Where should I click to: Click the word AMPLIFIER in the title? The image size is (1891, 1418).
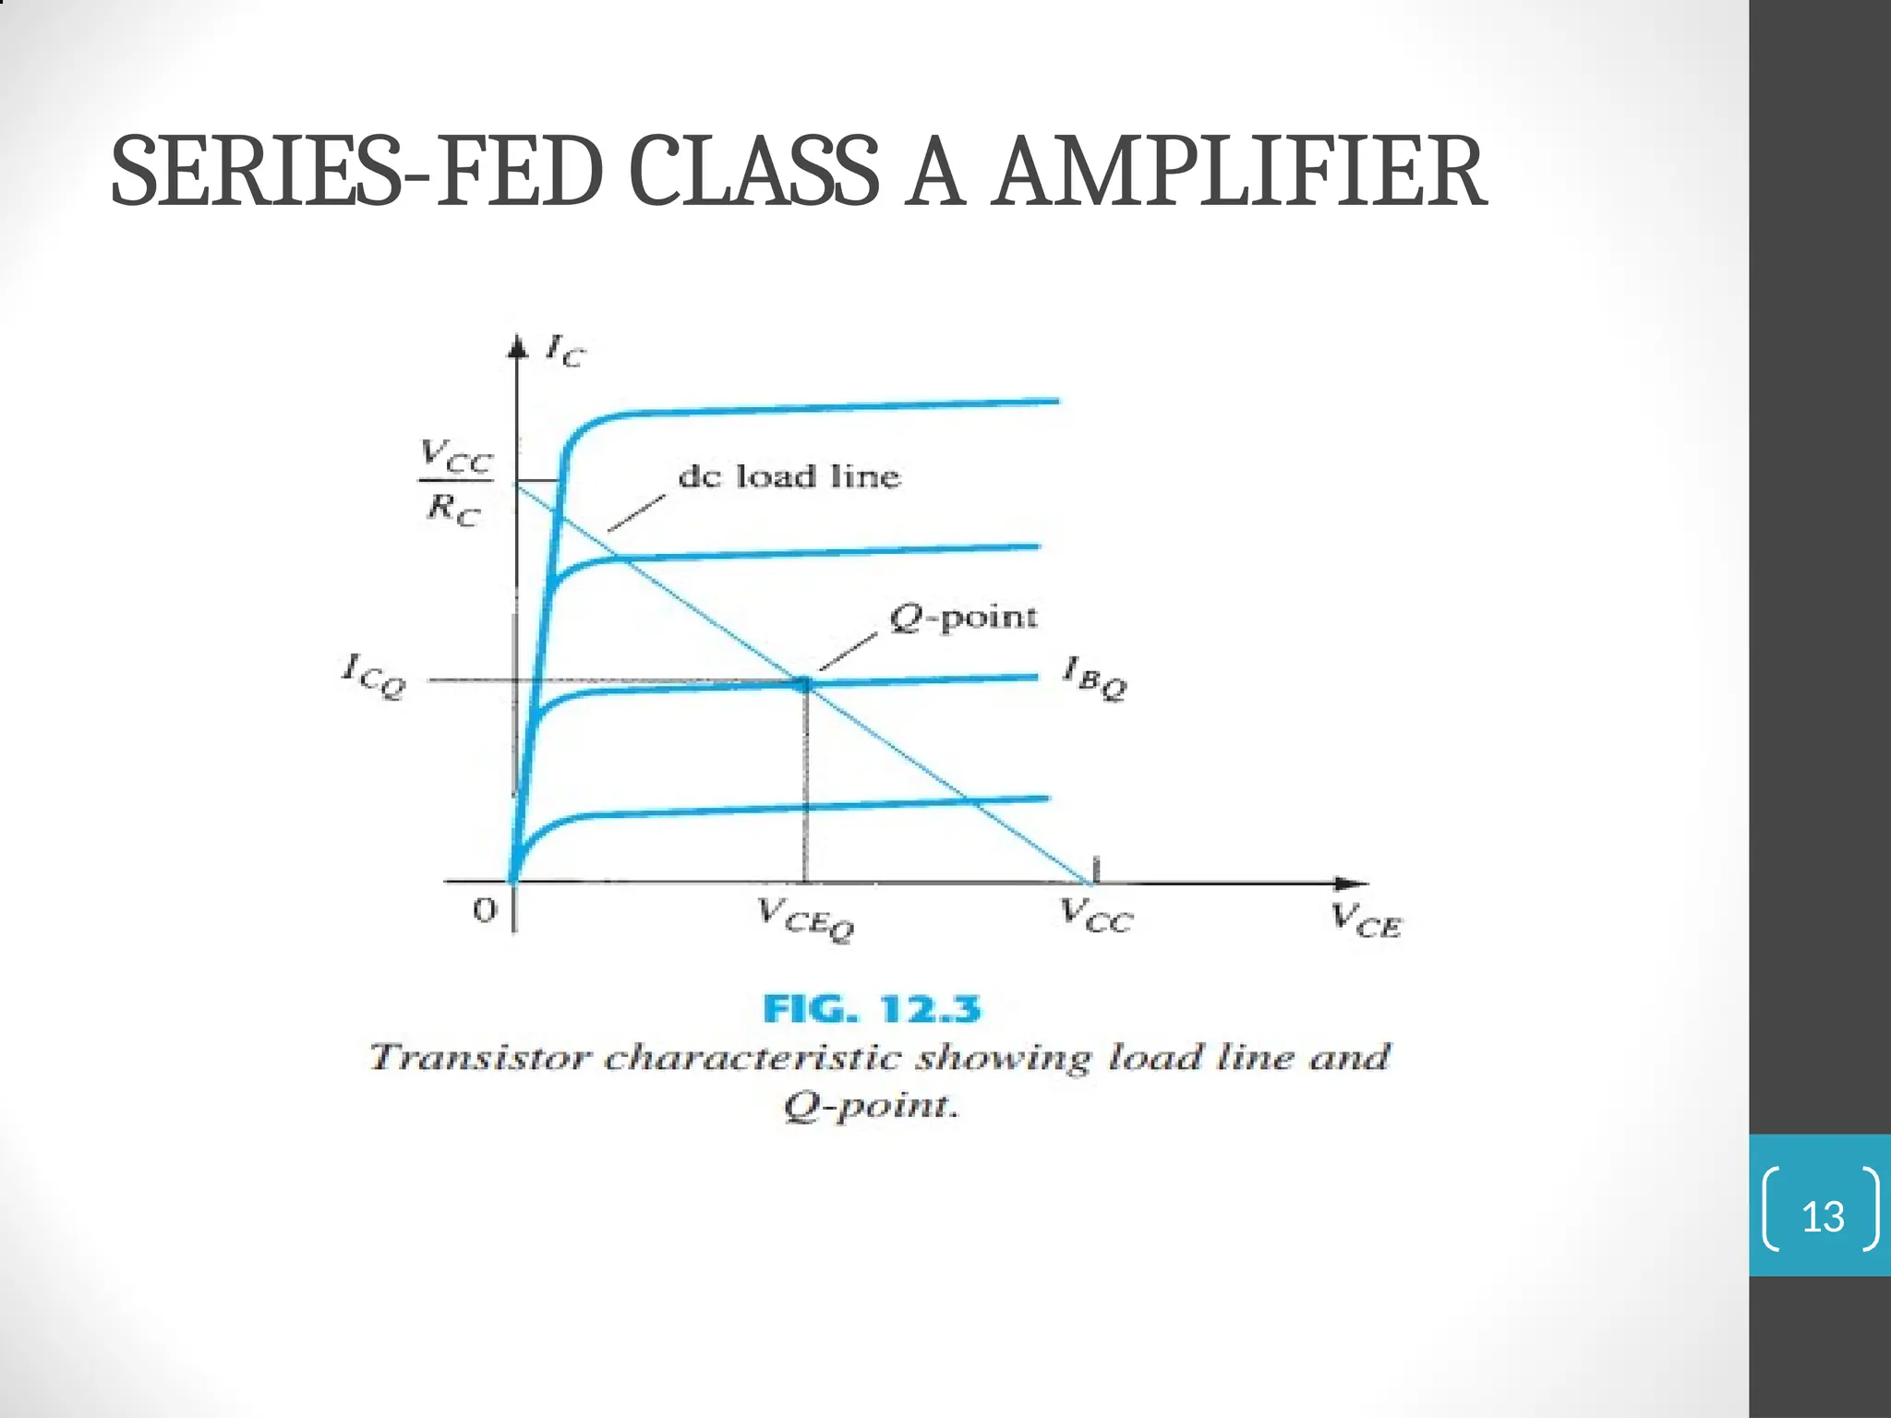point(1240,173)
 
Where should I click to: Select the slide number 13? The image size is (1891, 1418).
point(1823,1217)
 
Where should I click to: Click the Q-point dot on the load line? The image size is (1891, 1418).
point(803,684)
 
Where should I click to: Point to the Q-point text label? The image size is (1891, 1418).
point(962,618)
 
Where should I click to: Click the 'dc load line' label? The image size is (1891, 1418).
point(789,476)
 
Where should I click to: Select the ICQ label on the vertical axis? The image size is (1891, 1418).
point(373,677)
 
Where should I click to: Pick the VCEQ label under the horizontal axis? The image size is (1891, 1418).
point(806,919)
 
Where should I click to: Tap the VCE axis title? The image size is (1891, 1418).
point(1366,919)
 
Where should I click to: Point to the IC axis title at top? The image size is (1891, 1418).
point(564,351)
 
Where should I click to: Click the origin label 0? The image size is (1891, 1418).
point(484,911)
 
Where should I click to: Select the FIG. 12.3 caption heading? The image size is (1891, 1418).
point(872,1009)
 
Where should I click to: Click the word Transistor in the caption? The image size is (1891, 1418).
point(478,1057)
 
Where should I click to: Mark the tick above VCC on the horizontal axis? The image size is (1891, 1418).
point(1096,868)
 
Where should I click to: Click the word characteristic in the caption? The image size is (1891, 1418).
point(752,1057)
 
